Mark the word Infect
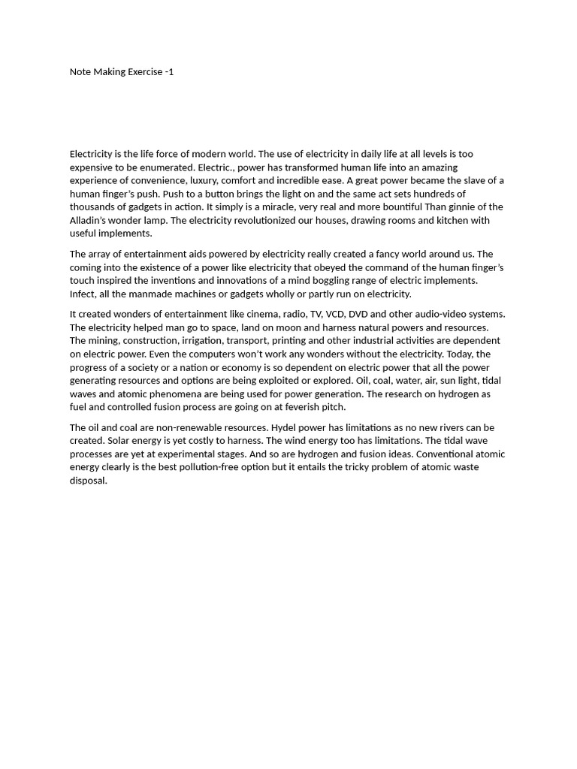[x=83, y=294]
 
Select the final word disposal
[x=88, y=481]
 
